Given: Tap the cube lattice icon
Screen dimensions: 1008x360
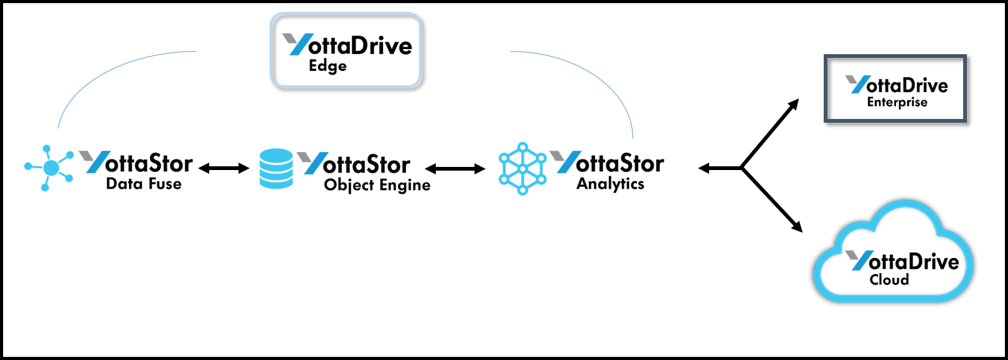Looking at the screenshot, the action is (522, 169).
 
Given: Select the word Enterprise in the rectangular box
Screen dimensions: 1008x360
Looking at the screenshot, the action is (897, 105).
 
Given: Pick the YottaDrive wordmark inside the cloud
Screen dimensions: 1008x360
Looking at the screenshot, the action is (913, 261).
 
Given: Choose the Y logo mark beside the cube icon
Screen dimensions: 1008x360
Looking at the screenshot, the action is (563, 174).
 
